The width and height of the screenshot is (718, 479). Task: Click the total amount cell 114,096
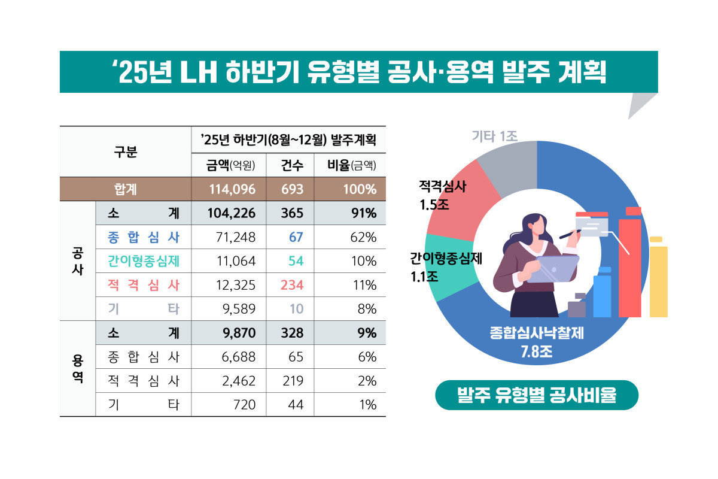point(233,189)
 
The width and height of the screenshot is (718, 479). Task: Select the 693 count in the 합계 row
point(292,189)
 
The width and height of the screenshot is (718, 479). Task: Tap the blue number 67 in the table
point(296,237)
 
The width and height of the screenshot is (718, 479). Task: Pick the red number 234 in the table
point(292,285)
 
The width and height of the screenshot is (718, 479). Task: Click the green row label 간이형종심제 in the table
point(144,261)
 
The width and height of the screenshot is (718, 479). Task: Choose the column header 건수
point(292,165)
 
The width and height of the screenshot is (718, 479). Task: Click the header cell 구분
point(126,152)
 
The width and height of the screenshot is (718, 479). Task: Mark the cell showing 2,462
point(237,381)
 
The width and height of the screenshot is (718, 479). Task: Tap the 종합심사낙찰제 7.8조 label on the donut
point(537,341)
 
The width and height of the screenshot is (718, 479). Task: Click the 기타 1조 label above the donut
point(494,137)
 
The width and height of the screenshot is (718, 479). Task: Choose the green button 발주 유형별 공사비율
point(537,395)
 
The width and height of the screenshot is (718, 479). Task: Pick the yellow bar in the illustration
point(658,278)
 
